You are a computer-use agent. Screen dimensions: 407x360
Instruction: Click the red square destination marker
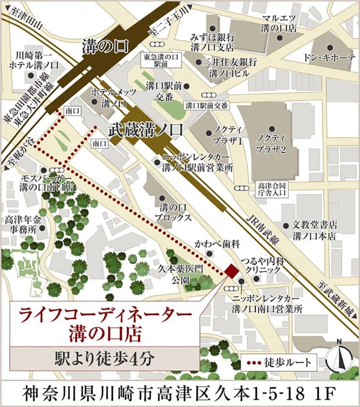click(x=231, y=270)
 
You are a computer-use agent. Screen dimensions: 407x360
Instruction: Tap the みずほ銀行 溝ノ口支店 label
click(x=213, y=42)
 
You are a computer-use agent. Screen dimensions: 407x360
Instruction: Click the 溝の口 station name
click(x=105, y=47)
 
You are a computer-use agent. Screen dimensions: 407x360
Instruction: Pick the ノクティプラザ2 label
click(x=271, y=143)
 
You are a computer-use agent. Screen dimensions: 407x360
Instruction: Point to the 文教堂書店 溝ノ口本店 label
click(x=315, y=230)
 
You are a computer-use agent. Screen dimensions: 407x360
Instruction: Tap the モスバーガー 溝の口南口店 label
click(x=47, y=182)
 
